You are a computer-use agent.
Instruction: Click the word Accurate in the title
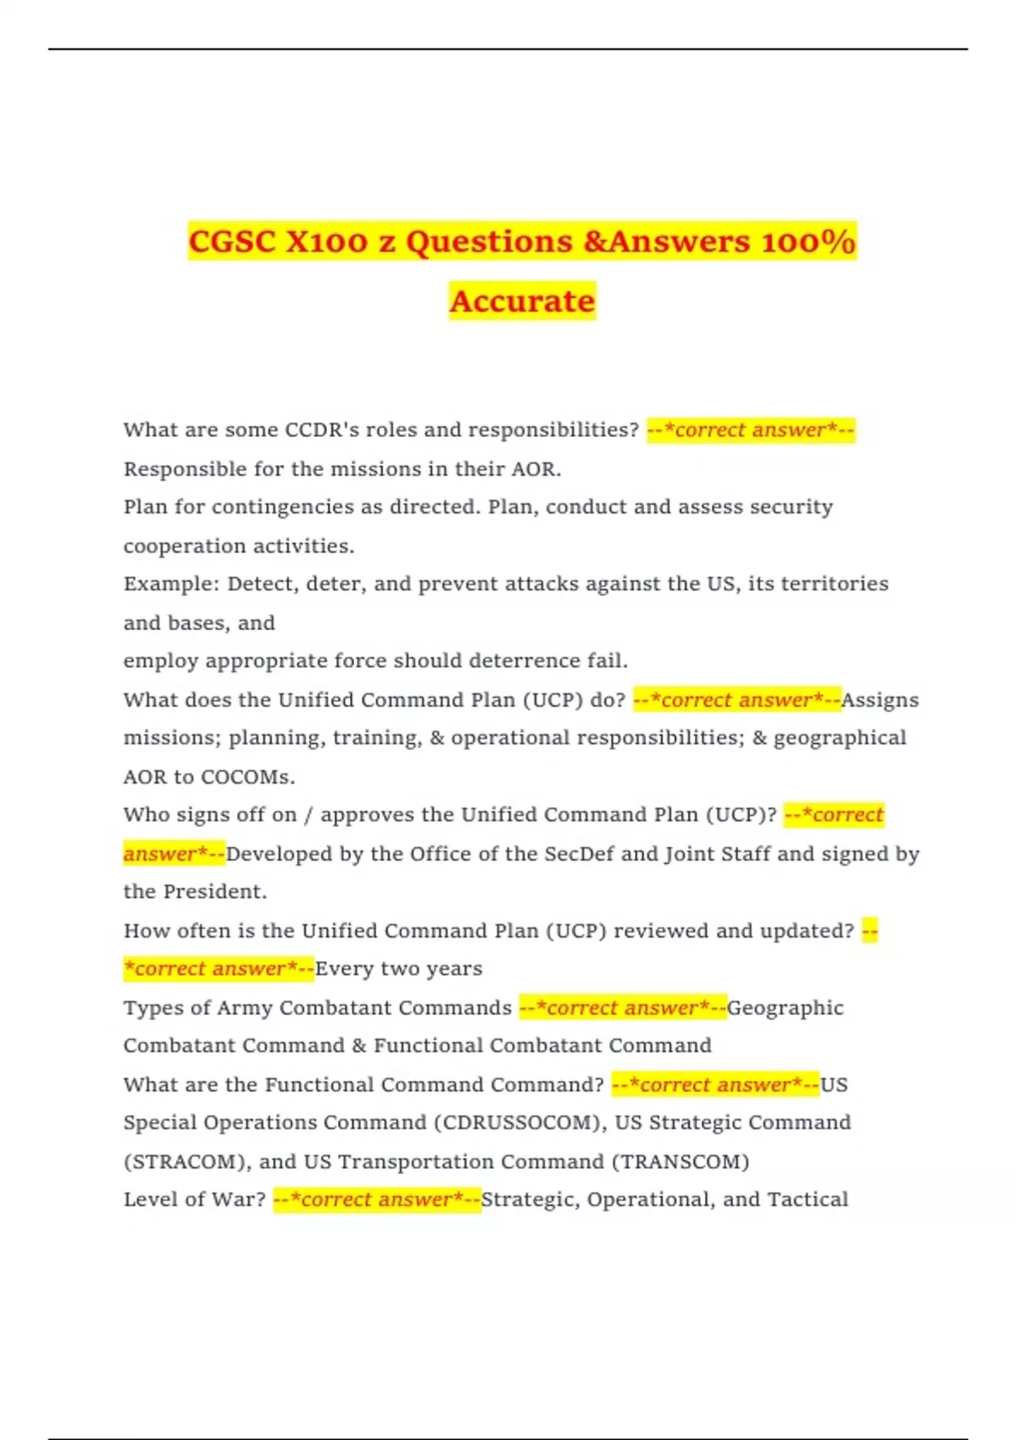click(522, 302)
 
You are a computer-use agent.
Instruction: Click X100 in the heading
click(327, 242)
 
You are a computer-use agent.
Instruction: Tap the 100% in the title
click(809, 242)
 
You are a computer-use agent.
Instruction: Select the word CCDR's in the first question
click(322, 430)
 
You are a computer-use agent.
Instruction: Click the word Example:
click(172, 584)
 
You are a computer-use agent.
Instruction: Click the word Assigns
click(880, 701)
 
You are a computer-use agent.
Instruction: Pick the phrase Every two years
click(398, 969)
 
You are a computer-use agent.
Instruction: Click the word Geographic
click(785, 1008)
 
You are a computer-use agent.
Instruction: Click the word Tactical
click(808, 1199)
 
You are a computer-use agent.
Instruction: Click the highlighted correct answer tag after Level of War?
click(377, 1199)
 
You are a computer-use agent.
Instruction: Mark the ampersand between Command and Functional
click(359, 1046)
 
